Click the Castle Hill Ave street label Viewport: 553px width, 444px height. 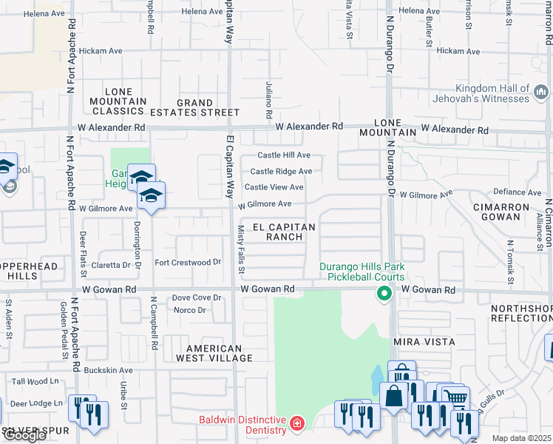pyautogui.click(x=283, y=155)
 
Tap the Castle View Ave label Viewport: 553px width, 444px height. pyautogui.click(x=274, y=188)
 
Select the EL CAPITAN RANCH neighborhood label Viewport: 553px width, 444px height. pyautogui.click(x=285, y=232)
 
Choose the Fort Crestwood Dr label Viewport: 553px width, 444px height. pyautogui.click(x=188, y=263)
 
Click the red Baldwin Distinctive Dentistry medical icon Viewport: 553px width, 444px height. pyautogui.click(x=296, y=424)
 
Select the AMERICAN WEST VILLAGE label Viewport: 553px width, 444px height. pyautogui.click(x=214, y=353)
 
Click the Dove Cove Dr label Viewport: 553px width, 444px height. pyautogui.click(x=197, y=297)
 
